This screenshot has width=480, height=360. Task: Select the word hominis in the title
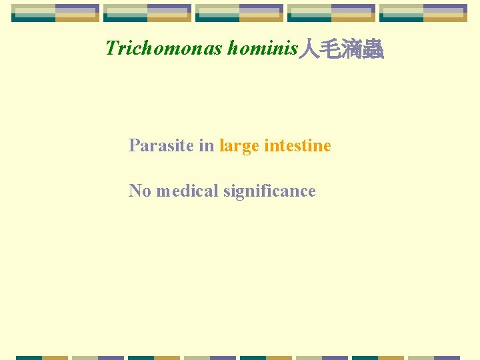tap(262, 48)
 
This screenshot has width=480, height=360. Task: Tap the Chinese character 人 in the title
tap(309, 49)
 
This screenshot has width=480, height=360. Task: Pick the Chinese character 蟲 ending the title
tap(373, 49)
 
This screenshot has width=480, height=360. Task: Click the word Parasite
tap(161, 145)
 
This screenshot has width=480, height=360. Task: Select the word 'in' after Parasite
tap(207, 145)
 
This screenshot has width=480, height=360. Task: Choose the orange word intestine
tap(298, 145)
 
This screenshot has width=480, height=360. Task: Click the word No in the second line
tap(140, 191)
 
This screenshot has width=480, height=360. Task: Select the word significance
tap(269, 191)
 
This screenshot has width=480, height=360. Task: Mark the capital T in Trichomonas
tap(111, 48)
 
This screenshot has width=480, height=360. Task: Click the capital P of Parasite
tap(133, 145)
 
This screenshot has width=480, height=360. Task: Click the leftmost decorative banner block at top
tap(55, 13)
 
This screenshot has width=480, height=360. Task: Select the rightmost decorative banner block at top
tap(423, 13)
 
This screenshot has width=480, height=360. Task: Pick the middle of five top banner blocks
tap(239, 13)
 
